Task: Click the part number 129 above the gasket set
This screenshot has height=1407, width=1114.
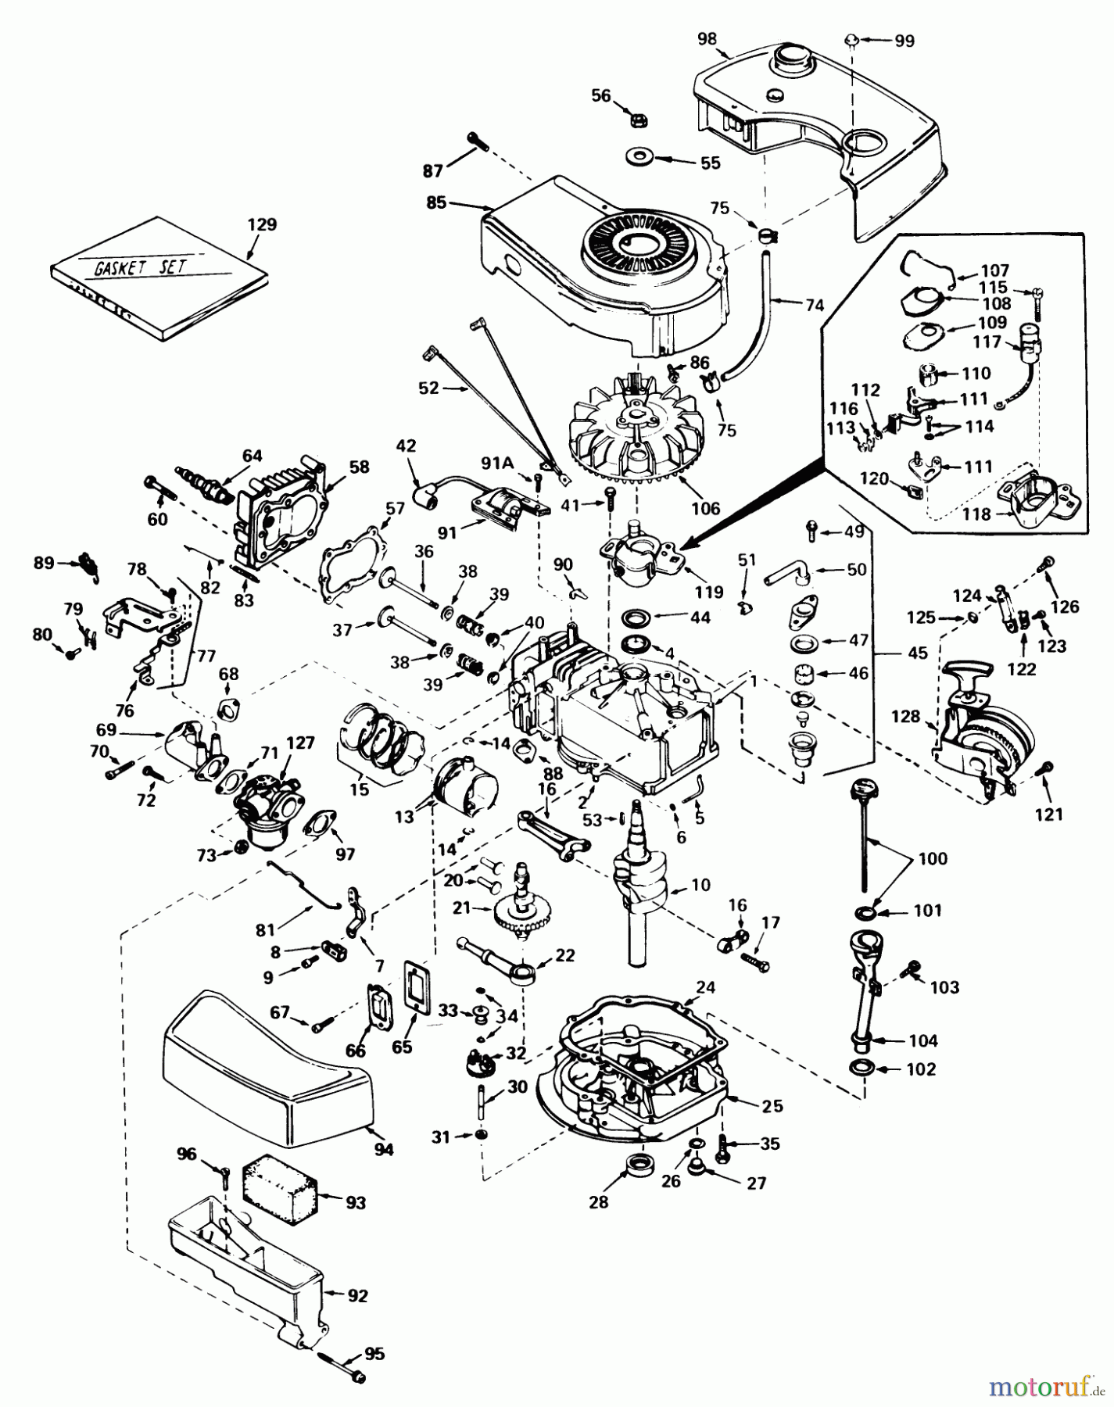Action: tap(263, 224)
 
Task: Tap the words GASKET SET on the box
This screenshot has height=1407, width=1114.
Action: tap(141, 266)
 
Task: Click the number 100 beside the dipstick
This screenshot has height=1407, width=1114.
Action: tap(930, 859)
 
